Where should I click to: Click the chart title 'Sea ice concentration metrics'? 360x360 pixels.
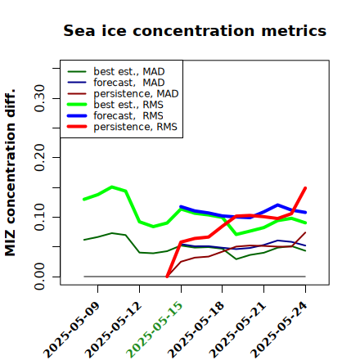pyautogui.click(x=195, y=30)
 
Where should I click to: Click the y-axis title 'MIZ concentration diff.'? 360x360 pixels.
pyautogui.click(x=10, y=173)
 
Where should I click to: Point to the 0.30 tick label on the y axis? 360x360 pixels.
pyautogui.click(x=39, y=98)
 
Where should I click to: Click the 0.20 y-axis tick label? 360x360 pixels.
pyautogui.click(x=39, y=157)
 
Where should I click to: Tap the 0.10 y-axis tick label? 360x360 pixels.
pyautogui.click(x=39, y=217)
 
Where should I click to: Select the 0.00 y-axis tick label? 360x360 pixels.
pyautogui.click(x=39, y=277)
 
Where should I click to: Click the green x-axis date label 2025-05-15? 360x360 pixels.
pyautogui.click(x=155, y=330)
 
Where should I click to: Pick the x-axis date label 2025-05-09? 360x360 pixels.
pyautogui.click(x=71, y=330)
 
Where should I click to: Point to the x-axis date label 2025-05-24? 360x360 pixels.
pyautogui.click(x=279, y=330)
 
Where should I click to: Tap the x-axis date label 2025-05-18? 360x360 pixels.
pyautogui.click(x=196, y=330)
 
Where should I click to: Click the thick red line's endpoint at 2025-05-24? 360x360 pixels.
pyautogui.click(x=305, y=188)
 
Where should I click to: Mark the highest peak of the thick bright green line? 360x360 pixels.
pyautogui.click(x=112, y=187)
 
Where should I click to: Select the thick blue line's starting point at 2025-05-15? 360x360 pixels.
pyautogui.click(x=181, y=207)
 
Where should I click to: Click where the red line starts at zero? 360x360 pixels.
pyautogui.click(x=167, y=277)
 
